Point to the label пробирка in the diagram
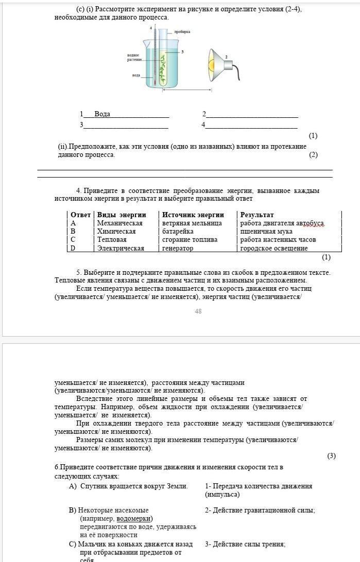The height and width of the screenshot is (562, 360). tap(182, 32)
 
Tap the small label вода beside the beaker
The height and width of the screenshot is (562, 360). tap(136, 75)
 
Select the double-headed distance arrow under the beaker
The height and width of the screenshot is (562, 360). tap(186, 91)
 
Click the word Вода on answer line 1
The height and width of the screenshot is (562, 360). tap(102, 114)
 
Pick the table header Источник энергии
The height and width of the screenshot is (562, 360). tap(193, 215)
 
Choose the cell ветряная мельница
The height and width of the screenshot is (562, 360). tap(192, 223)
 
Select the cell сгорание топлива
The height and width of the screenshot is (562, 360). tap(190, 240)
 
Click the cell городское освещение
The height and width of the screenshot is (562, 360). tap(274, 248)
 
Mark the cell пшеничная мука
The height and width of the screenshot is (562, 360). tap(266, 232)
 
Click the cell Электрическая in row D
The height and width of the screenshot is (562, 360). tap(121, 248)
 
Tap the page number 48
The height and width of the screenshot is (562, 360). tap(198, 311)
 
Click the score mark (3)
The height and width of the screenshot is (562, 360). tap(331, 456)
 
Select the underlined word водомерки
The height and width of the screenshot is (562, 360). tap(135, 519)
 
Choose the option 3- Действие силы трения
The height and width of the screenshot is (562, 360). tap(245, 544)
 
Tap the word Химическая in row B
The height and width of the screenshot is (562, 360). tap(116, 232)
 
